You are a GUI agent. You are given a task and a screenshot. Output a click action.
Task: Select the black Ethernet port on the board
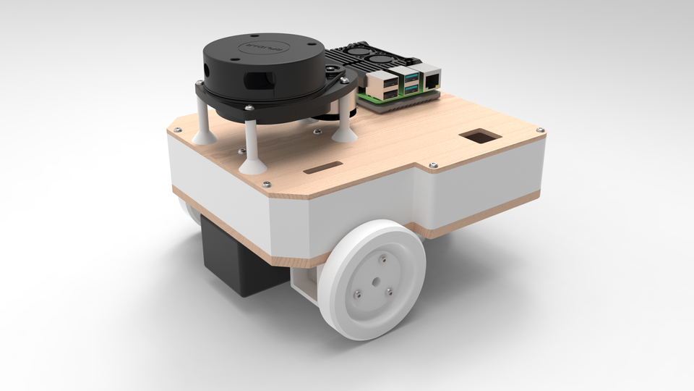tap(432, 77)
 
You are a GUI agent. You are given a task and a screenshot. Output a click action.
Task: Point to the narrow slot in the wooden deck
tap(323, 169)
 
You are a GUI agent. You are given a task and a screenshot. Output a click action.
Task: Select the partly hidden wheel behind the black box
tap(189, 215)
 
